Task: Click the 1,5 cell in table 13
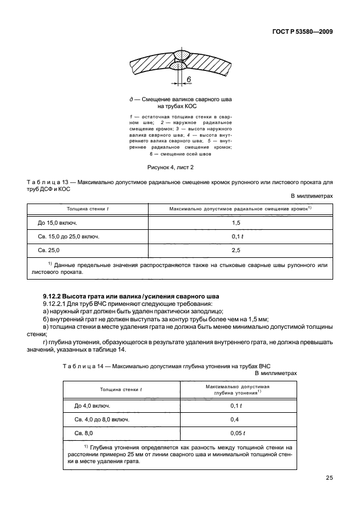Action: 235,222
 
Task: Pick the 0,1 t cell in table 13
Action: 235,236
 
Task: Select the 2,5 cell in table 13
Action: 235,250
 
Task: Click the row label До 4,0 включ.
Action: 92,405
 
